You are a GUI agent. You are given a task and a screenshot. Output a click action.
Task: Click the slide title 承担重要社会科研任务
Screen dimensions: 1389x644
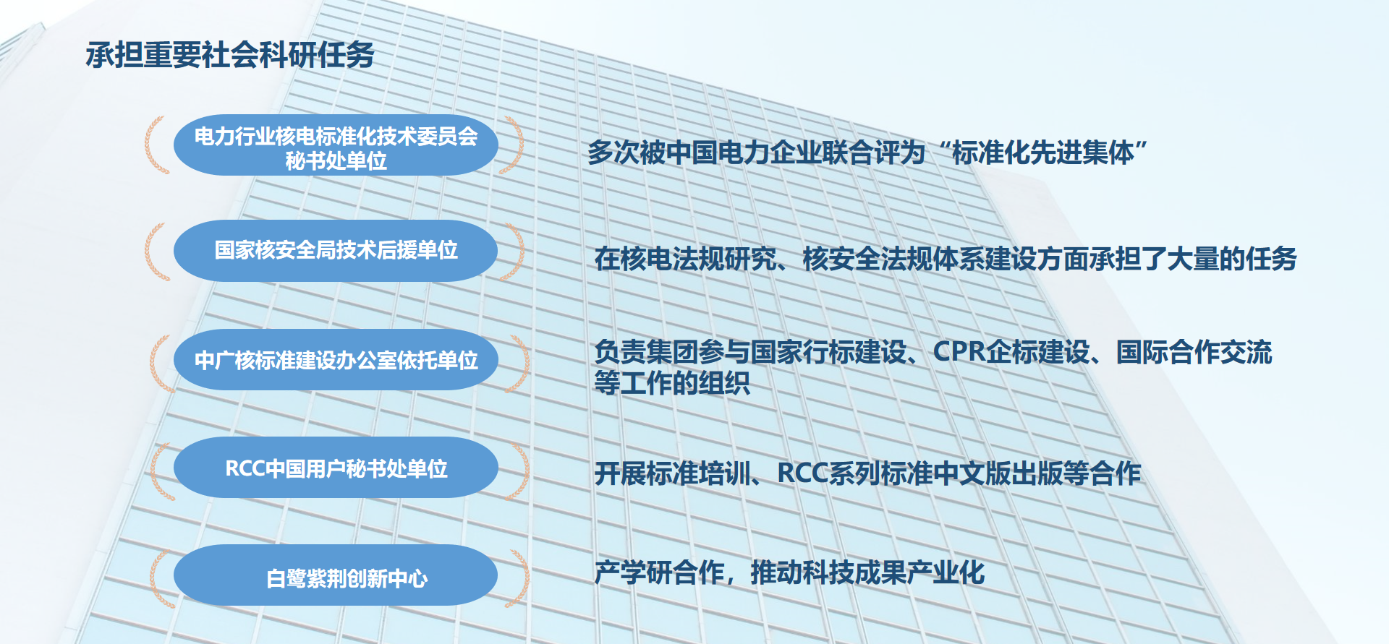pos(230,55)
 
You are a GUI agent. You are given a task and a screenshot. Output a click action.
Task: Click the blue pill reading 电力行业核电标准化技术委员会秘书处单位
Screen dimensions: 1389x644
pos(336,145)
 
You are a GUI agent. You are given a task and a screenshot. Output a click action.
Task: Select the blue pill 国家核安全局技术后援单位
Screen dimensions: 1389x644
pos(336,251)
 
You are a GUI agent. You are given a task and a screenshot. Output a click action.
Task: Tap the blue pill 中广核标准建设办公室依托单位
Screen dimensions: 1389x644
pos(336,360)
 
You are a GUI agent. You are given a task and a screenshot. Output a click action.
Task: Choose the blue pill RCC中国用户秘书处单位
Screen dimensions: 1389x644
pos(336,468)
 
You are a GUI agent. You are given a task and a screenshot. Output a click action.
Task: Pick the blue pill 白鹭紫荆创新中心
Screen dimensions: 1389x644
pos(336,575)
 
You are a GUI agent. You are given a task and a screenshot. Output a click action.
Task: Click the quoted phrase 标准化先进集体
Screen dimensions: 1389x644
pos(1042,153)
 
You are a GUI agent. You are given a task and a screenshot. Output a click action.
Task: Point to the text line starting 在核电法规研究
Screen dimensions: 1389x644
pos(946,259)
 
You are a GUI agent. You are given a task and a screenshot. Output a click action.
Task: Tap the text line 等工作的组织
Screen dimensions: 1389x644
pos(671,383)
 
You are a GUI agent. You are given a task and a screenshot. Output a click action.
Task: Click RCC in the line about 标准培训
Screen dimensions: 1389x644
pos(802,473)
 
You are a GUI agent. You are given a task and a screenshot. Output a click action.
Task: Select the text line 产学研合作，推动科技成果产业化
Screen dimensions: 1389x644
pos(789,572)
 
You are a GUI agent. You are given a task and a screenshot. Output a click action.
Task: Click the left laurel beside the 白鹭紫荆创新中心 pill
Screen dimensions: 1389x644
pos(161,578)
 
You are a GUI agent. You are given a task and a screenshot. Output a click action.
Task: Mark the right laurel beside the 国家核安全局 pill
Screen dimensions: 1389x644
pos(513,251)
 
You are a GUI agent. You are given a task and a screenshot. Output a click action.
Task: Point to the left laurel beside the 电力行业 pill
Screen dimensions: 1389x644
pos(157,145)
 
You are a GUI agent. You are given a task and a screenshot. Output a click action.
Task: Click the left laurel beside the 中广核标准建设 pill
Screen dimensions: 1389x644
pos(162,363)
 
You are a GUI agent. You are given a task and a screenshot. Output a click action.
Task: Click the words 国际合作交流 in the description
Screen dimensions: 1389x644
pos(1194,352)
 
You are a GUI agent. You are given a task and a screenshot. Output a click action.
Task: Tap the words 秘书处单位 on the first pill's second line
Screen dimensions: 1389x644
pos(336,161)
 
